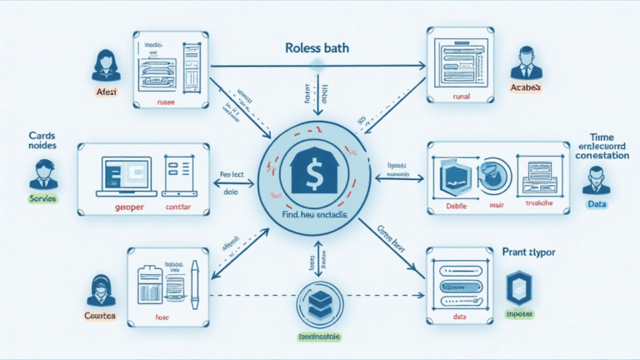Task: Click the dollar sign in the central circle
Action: click(313, 173)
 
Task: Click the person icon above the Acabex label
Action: click(527, 62)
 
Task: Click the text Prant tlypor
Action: click(529, 250)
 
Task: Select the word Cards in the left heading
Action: click(41, 135)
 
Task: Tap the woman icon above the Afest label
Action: click(107, 64)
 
